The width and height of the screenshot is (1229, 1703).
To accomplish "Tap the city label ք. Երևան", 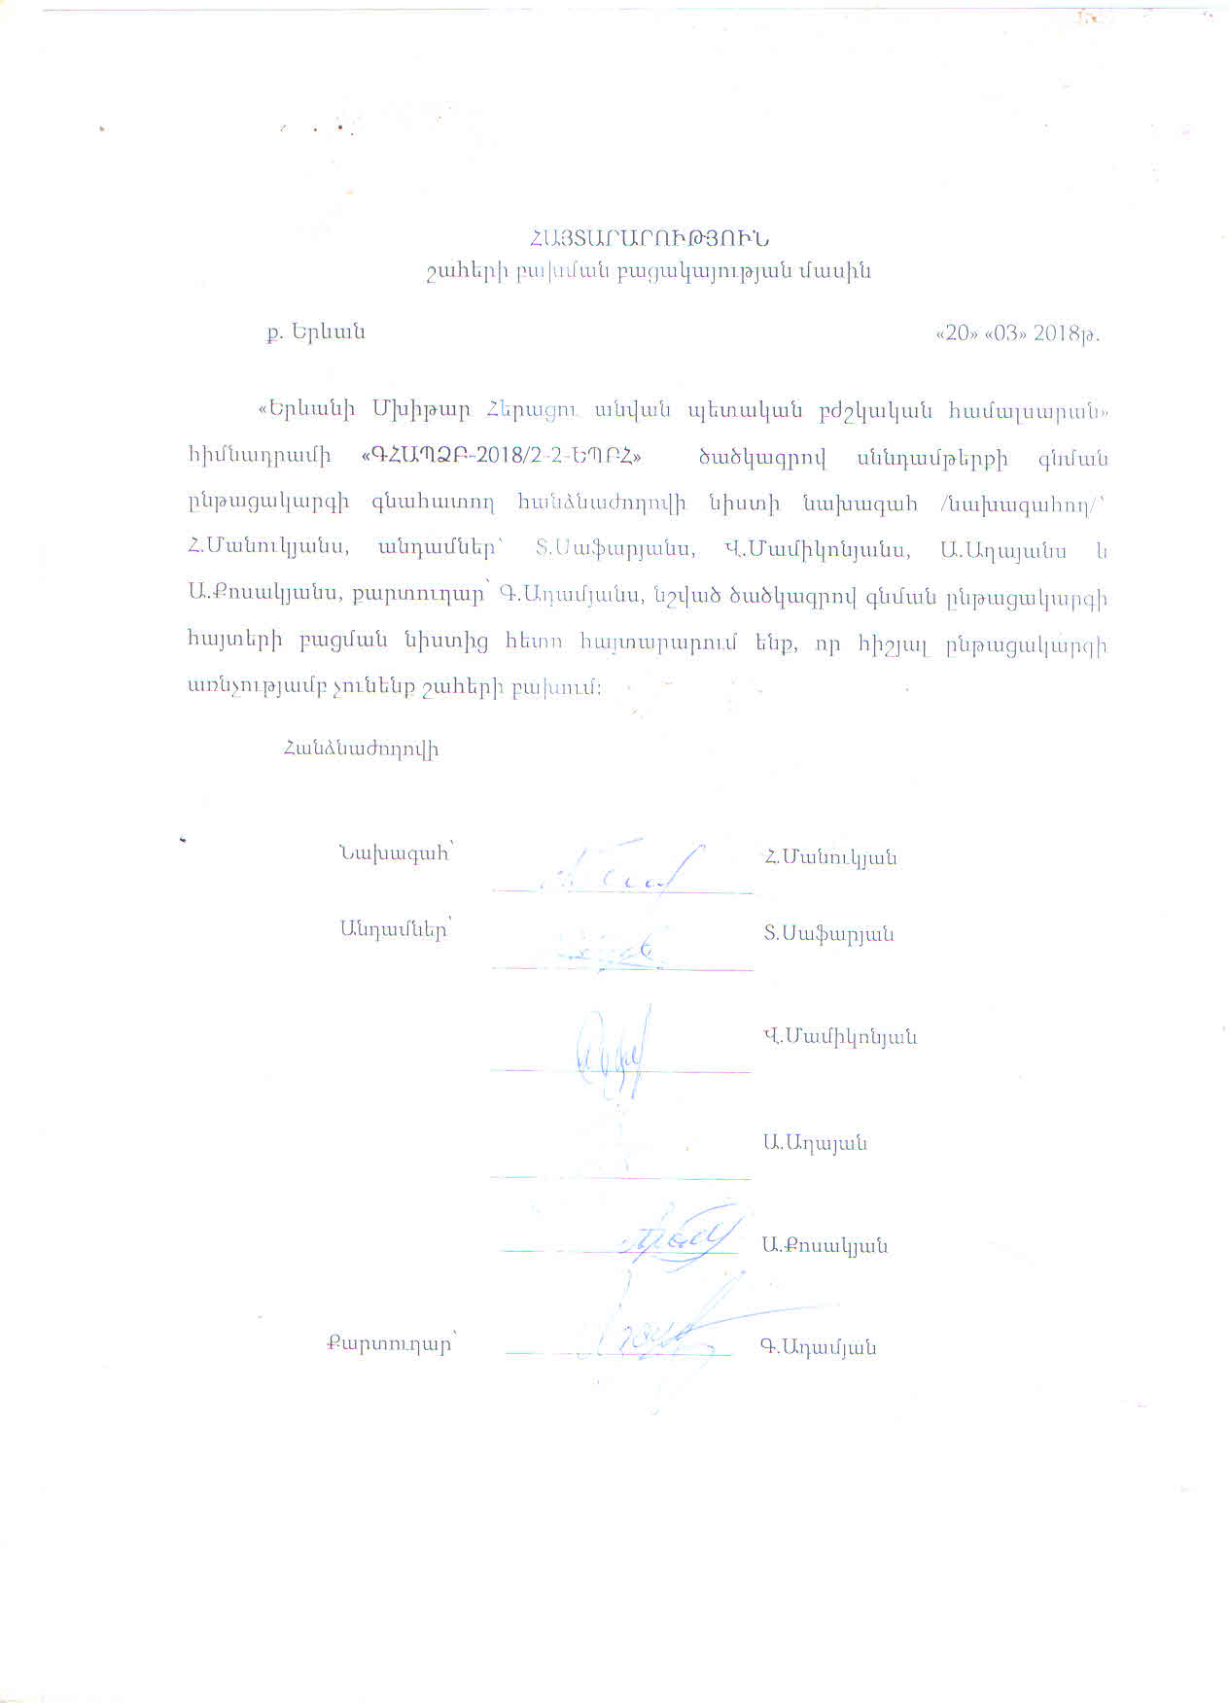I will click(x=316, y=331).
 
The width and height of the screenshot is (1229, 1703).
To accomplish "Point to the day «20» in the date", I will click(x=954, y=333).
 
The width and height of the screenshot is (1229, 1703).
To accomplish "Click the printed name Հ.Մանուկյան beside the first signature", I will click(x=829, y=857).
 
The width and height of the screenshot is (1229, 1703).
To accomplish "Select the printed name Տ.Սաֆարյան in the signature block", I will click(x=828, y=934).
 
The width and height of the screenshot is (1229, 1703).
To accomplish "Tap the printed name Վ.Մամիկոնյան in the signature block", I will click(x=839, y=1037).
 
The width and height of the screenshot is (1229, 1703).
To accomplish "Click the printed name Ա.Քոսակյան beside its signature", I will click(x=825, y=1245).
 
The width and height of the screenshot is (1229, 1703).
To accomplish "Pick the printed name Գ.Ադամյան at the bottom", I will click(x=818, y=1348).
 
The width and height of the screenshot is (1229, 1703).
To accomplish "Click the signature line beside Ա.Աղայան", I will click(x=620, y=1177).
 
